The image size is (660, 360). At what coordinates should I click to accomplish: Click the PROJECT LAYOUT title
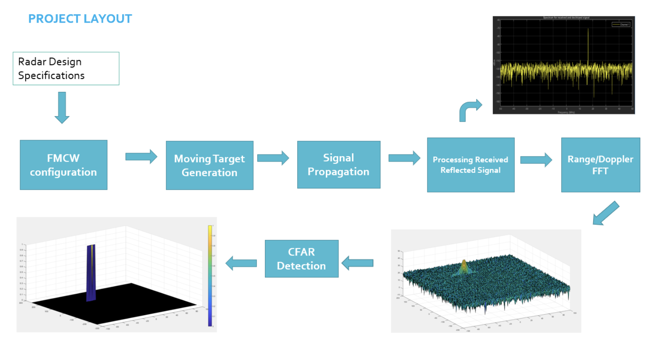point(80,19)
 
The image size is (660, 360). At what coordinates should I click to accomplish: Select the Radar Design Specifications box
point(66,68)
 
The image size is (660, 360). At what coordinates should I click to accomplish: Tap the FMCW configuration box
point(63,165)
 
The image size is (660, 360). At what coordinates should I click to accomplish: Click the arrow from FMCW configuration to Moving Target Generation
point(141,157)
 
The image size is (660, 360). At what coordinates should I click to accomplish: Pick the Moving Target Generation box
point(210,165)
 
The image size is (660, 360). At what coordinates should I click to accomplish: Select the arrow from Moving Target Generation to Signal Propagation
point(273,158)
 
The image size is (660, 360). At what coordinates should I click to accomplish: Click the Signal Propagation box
point(338,164)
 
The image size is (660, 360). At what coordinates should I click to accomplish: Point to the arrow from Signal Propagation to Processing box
point(404,158)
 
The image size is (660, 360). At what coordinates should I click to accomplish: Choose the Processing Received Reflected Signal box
point(470,165)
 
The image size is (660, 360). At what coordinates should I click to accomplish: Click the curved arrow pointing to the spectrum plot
point(469,110)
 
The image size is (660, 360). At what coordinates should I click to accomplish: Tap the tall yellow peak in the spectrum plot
point(588,46)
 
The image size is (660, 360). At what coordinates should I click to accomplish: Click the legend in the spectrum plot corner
point(621,24)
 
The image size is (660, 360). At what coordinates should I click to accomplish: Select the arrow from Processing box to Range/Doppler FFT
point(536,160)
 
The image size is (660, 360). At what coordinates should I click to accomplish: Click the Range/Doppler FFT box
point(600,165)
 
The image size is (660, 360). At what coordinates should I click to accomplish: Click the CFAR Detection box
point(301,258)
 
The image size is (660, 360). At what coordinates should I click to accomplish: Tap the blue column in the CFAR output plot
point(91,273)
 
